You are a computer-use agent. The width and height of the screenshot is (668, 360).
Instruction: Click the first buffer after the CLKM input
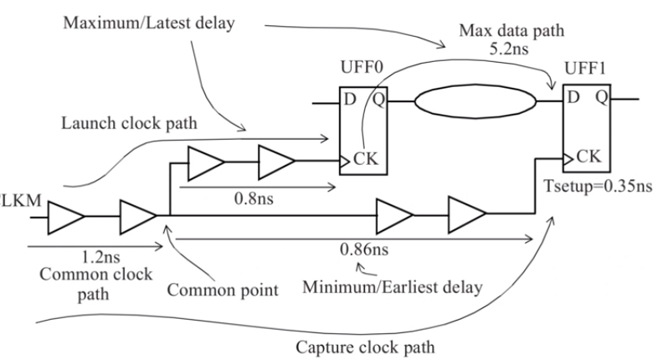click(x=65, y=219)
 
